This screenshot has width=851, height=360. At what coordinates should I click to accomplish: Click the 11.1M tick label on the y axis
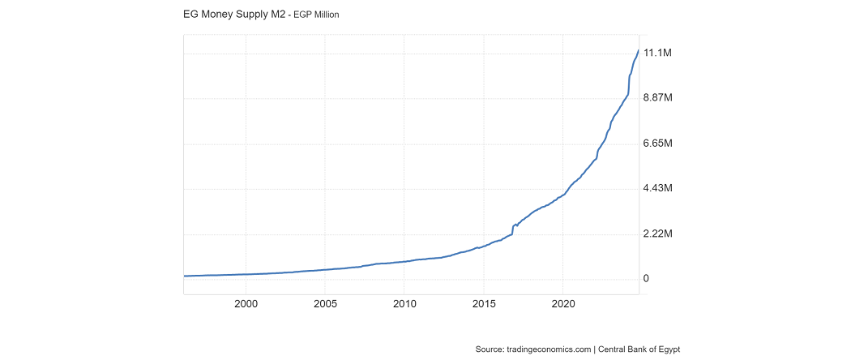[657, 54]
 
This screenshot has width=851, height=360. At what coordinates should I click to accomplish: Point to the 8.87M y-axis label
[658, 98]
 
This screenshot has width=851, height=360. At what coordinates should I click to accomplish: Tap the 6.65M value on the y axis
[658, 144]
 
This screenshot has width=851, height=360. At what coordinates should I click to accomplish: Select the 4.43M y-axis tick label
[658, 189]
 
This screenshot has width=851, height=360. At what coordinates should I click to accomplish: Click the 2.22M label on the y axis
[658, 234]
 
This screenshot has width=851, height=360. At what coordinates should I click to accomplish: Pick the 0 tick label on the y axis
[646, 279]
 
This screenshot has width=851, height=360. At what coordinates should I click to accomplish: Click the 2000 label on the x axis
[246, 304]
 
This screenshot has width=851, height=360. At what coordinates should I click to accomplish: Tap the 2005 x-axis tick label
[325, 304]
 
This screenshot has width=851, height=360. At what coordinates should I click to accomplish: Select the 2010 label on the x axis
[404, 304]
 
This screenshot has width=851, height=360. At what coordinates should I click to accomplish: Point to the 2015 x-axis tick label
[484, 304]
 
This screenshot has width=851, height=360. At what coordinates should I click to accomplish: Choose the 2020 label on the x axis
[563, 304]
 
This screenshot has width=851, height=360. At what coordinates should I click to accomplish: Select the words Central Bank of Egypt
[639, 349]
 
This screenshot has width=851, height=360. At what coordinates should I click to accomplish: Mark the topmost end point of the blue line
[639, 50]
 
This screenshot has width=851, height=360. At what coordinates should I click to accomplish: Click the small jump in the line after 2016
[512, 228]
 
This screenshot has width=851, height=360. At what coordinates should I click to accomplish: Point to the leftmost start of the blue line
[185, 276]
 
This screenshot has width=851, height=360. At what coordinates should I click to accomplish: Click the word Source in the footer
[490, 349]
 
